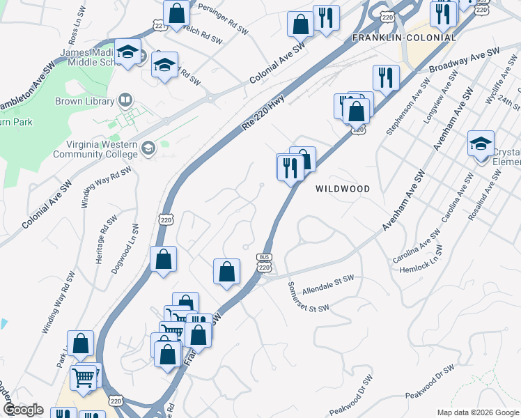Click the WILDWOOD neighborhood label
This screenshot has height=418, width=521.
(342, 189)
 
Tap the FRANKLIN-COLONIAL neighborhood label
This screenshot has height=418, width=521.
(404, 38)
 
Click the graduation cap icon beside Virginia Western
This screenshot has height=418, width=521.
(148, 148)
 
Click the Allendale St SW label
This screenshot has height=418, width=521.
(329, 282)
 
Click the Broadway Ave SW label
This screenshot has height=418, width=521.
(465, 61)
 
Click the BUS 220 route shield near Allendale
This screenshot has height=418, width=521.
(263, 261)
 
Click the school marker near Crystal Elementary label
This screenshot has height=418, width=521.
(481, 144)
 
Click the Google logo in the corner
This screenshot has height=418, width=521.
(22, 410)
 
